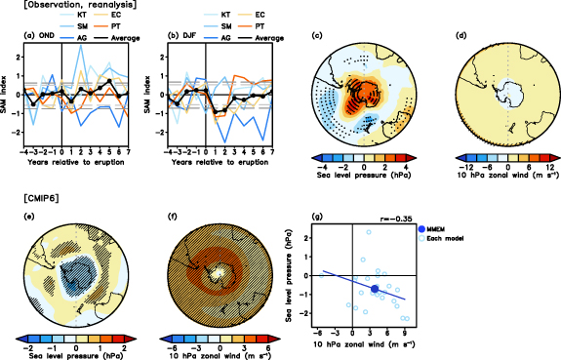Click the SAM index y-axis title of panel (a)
9,102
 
